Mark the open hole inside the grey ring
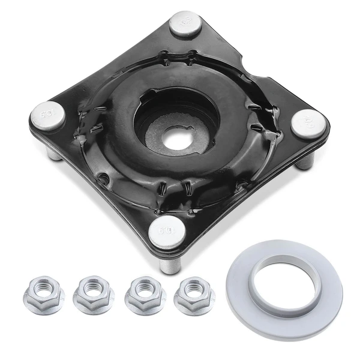tap(283, 283)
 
